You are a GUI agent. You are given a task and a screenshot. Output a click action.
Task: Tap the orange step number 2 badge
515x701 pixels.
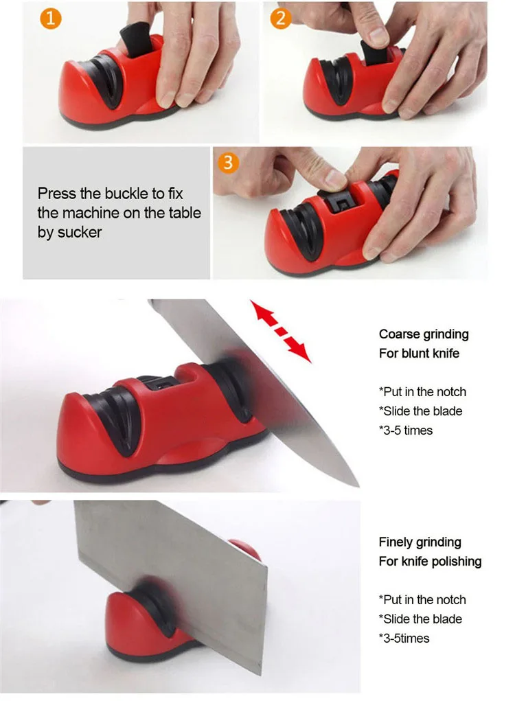279,18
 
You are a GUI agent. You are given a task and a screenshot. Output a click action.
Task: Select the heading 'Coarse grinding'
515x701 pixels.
424,334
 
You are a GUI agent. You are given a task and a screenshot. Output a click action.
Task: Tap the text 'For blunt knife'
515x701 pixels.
419,354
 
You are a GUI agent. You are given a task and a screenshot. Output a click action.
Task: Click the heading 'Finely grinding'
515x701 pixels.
420,542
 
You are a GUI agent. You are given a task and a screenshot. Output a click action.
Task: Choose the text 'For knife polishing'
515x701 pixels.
430,561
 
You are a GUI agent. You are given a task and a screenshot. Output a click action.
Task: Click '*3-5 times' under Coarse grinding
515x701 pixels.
406,430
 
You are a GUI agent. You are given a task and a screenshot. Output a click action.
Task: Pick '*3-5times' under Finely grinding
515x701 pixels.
404,638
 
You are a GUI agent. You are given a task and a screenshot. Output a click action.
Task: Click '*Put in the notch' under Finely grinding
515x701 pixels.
422,599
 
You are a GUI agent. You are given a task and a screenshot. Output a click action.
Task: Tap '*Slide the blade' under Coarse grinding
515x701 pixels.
420,411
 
